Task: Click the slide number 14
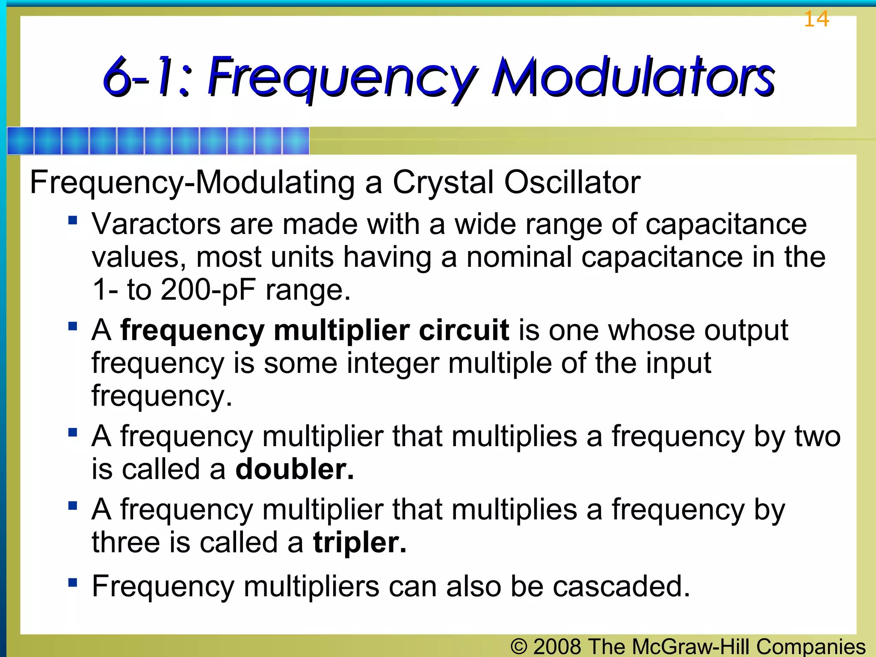816,19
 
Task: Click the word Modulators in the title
633,77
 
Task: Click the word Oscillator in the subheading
572,182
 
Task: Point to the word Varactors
156,224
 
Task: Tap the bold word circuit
464,330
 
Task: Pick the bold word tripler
359,542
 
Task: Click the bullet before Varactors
73,221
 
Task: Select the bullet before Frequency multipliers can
73,583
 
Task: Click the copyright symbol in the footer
519,646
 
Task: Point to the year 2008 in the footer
557,646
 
